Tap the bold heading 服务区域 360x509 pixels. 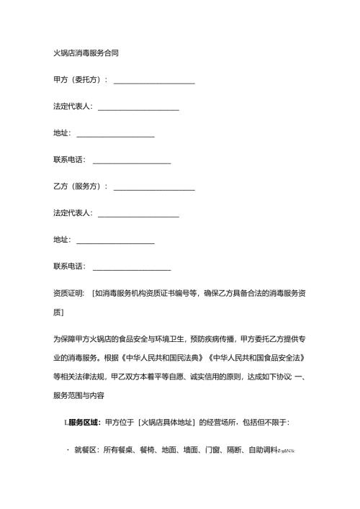click(x=84, y=422)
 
